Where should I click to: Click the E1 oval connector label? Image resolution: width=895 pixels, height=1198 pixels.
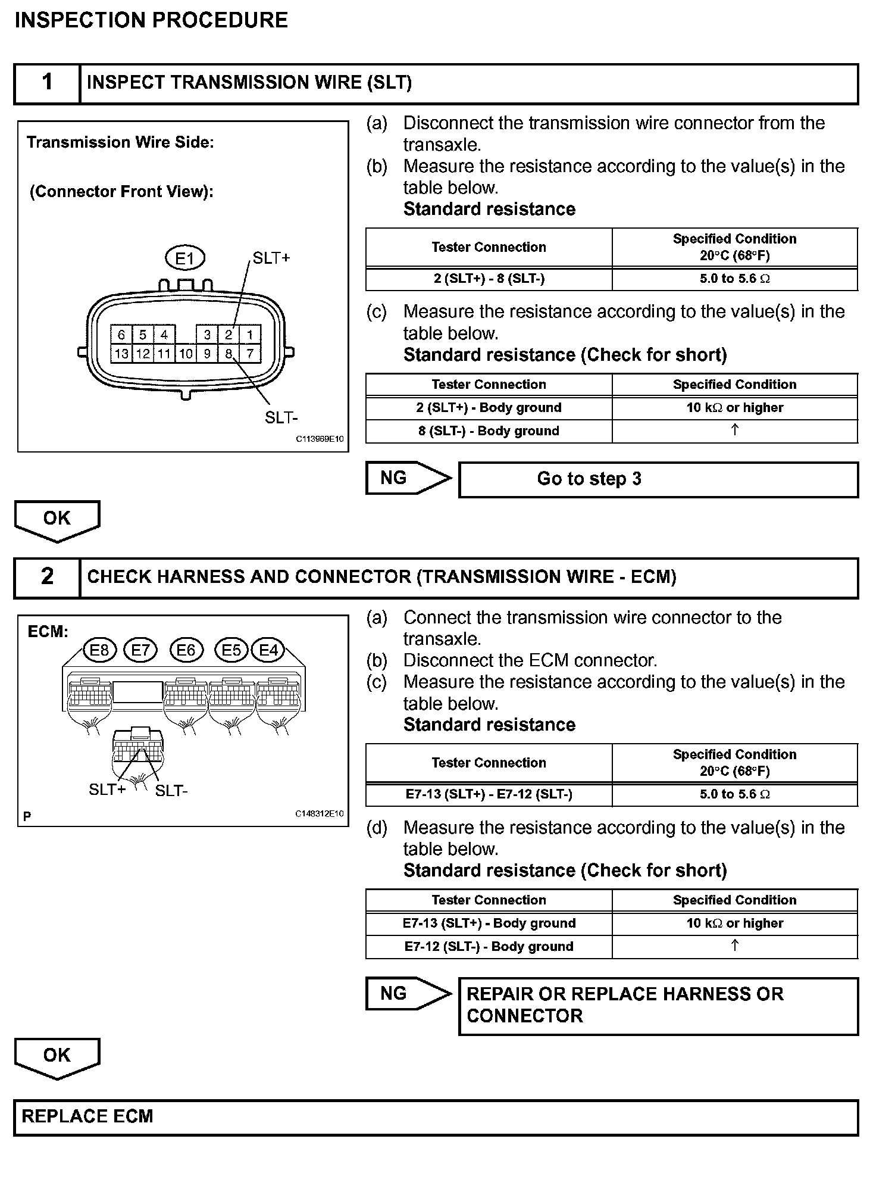tap(184, 258)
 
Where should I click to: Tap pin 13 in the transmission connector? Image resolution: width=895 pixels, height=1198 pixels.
tap(121, 354)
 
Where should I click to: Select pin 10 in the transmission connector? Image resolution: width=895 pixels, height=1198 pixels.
tap(186, 354)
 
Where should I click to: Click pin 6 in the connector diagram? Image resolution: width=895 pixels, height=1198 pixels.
tap(121, 335)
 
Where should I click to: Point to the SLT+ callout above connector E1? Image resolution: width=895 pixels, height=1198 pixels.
tap(271, 258)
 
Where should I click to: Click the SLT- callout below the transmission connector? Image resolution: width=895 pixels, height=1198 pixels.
tap(281, 417)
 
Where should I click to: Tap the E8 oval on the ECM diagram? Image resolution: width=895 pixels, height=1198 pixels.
tap(99, 650)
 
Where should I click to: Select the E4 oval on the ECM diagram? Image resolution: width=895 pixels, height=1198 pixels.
tap(268, 650)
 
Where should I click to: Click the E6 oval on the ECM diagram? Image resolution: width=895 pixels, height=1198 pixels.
tap(186, 650)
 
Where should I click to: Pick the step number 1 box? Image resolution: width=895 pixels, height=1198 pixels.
tap(47, 83)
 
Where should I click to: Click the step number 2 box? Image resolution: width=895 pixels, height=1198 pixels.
tap(47, 577)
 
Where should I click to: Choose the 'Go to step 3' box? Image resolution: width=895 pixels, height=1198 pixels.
tap(658, 479)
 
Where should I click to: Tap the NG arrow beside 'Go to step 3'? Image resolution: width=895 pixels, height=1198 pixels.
tap(408, 478)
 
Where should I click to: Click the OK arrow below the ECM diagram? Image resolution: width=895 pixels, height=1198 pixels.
tap(57, 1057)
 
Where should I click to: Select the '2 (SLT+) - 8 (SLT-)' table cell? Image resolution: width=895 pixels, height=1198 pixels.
tap(489, 279)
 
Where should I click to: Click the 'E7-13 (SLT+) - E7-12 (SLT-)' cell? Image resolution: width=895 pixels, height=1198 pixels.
tap(489, 794)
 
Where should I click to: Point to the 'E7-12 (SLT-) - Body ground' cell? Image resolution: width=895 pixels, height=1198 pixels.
tap(489, 947)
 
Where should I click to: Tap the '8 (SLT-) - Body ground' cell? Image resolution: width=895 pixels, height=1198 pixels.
tap(489, 431)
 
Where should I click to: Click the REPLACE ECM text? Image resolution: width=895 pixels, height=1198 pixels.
tap(87, 1116)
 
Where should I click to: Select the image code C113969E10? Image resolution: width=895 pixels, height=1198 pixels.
tap(320, 439)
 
